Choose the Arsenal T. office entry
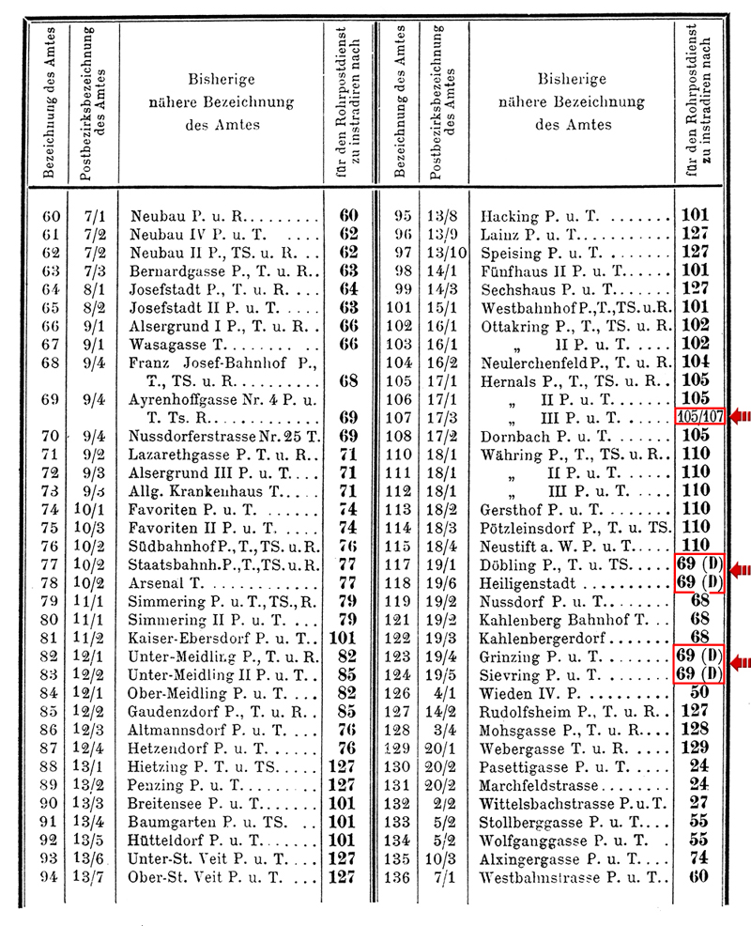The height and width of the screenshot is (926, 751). [165, 582]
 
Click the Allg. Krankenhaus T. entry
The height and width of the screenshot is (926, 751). [206, 491]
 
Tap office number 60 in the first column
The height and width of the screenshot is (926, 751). [52, 217]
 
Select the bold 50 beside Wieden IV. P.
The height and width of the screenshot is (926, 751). [697, 693]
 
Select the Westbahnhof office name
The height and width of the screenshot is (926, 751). [575, 308]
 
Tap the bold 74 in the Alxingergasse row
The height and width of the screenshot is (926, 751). [697, 858]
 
